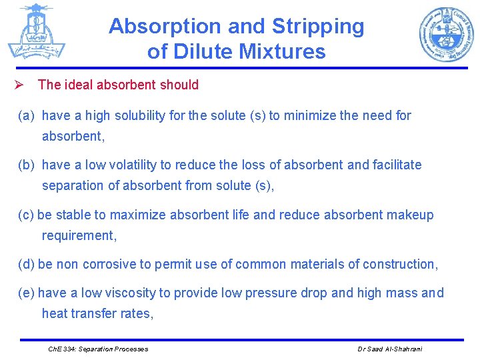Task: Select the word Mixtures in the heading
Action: pyautogui.click(x=283, y=51)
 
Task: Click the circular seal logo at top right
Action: pyautogui.click(x=445, y=35)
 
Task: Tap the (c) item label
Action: pyautogui.click(x=26, y=215)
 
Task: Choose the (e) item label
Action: pyautogui.click(x=26, y=293)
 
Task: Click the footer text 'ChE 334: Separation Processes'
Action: pyautogui.click(x=99, y=349)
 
